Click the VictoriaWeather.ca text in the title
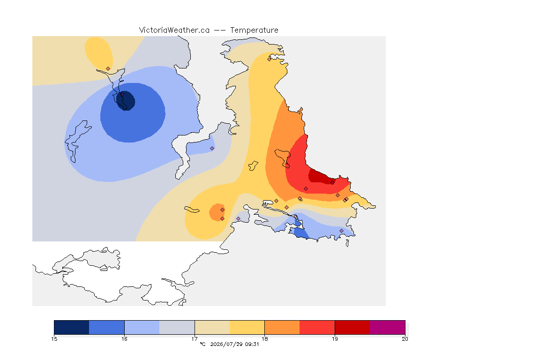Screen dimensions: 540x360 (x=174, y=30)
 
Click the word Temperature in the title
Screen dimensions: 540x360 (x=254, y=30)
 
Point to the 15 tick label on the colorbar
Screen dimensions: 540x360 (x=54, y=339)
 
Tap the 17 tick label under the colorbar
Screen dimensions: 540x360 (x=195, y=339)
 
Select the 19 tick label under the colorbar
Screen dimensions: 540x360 (x=335, y=339)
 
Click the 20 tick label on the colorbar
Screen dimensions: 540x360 (x=405, y=339)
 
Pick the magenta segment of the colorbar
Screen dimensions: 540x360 (x=388, y=327)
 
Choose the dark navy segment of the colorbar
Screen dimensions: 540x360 (x=72, y=327)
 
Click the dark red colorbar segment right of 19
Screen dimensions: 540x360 (x=352, y=327)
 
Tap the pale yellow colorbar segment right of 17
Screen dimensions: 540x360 (x=212, y=327)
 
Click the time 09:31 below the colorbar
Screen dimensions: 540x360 (x=252, y=344)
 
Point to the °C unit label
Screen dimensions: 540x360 (x=203, y=344)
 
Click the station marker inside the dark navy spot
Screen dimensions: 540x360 (x=122, y=94)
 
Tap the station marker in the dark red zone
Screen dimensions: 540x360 (x=332, y=183)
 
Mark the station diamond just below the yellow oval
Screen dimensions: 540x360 (x=108, y=69)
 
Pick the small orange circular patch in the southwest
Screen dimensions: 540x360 (x=217, y=212)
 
